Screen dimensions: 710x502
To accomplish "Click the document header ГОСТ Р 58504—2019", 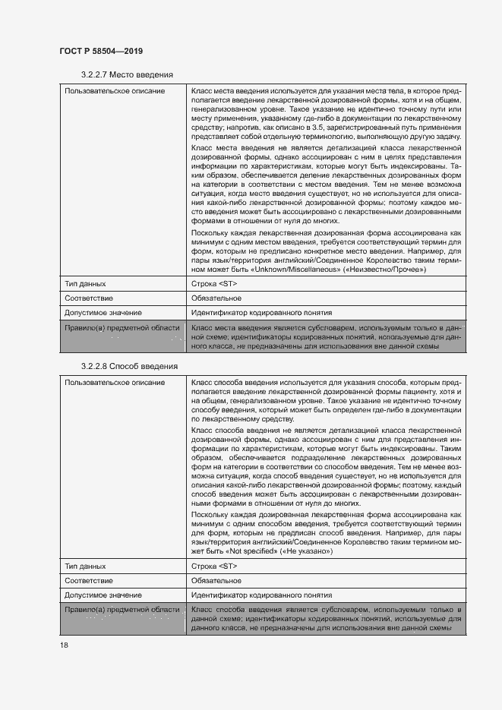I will coord(101,51).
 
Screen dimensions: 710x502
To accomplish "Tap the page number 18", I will coord(64,645).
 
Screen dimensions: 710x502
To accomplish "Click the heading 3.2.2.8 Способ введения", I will coord(129,366).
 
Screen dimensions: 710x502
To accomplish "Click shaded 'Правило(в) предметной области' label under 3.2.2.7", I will coord(122,327).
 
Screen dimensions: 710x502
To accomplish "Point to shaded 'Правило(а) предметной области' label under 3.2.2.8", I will coord(122,610).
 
